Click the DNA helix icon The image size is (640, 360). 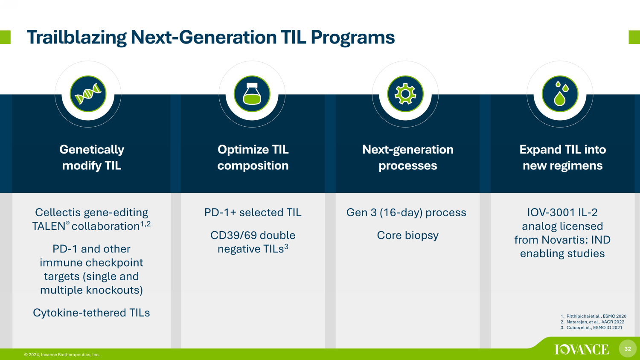88,94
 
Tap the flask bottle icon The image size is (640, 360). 252,94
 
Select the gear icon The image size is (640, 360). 405,94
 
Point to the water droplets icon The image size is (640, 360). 560,94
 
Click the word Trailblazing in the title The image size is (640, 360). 76,38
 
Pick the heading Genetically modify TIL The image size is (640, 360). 92,157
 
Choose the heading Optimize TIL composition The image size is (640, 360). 253,157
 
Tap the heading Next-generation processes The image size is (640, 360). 408,157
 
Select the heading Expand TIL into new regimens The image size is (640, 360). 563,157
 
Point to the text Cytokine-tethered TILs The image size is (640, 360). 91,313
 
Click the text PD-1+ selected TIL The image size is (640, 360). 253,212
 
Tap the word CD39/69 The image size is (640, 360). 233,235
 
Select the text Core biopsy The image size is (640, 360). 408,236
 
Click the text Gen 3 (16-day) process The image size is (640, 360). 406,213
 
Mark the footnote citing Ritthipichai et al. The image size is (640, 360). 593,316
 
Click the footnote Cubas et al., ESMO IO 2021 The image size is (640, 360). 591,328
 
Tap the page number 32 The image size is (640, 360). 628,349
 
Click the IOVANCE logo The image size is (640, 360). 582,349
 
